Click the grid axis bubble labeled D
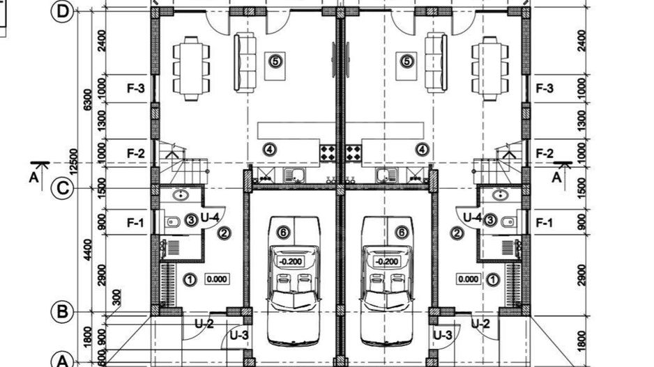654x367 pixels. click(62, 12)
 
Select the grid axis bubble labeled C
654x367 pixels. click(62, 188)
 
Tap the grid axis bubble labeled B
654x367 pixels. click(62, 311)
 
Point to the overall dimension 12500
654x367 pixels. click(73, 162)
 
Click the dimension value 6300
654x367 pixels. click(87, 100)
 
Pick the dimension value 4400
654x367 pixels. click(87, 250)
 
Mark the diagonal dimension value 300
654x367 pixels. click(117, 297)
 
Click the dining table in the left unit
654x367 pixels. click(192, 69)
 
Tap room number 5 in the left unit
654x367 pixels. click(275, 61)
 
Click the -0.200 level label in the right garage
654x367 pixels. click(386, 262)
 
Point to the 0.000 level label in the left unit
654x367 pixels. click(217, 279)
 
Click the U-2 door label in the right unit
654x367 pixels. click(480, 323)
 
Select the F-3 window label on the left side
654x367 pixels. click(135, 88)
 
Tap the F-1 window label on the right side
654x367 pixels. click(545, 223)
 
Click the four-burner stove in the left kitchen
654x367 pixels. click(328, 153)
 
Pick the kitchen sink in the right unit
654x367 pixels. click(386, 175)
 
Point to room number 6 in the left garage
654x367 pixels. click(283, 232)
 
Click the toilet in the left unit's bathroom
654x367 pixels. click(172, 221)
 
